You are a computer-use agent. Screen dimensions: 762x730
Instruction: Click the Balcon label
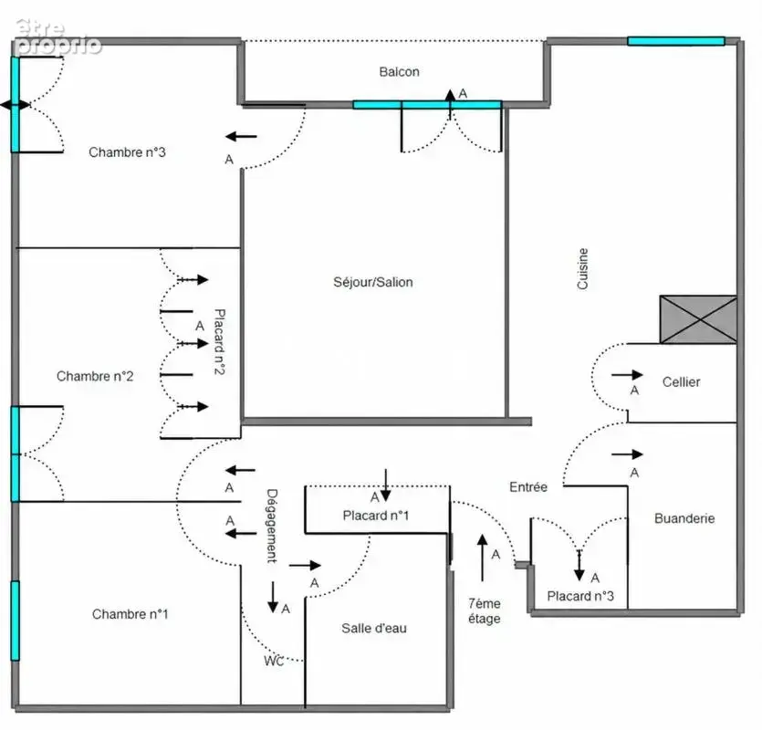coord(399,72)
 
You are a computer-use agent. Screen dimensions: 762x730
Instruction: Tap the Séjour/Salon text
coord(373,282)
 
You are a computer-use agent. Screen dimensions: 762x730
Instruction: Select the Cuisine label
coord(582,269)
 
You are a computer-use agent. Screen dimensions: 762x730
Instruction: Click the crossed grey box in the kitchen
coord(698,319)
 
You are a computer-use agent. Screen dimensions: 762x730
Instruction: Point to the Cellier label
coord(681,382)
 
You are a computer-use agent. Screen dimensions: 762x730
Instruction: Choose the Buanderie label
coord(684,518)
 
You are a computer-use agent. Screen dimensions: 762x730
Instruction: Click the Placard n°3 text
coord(580,596)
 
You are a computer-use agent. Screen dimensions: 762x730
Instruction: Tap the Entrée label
coord(528,487)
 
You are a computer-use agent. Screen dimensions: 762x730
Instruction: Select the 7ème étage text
coord(484,611)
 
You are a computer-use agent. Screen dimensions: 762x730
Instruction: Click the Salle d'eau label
coord(374,629)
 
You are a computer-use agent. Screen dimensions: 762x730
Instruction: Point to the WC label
coord(274,661)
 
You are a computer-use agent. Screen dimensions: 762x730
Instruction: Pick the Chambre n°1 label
coord(130,614)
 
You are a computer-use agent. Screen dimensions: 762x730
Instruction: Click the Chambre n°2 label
coord(95,376)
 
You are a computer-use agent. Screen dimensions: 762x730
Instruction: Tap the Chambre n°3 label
coord(127,152)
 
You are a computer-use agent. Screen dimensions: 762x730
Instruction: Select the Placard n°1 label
coord(376,516)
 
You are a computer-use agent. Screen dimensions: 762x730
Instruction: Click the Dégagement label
coord(272,526)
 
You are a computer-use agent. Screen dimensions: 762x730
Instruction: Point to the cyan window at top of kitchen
coord(676,41)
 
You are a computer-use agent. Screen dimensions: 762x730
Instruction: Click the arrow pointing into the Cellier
coord(627,375)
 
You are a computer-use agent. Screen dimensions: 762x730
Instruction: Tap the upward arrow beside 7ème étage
coord(482,558)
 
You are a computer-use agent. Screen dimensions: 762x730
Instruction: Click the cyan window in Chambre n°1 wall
coord(16,620)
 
